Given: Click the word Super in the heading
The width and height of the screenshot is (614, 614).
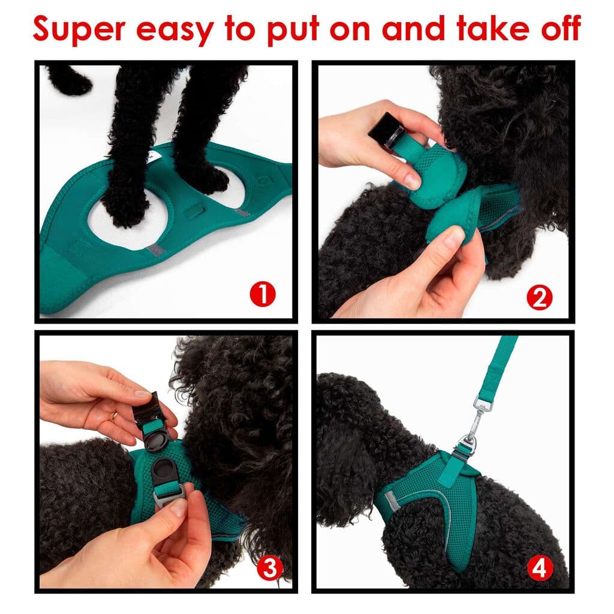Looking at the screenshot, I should pyautogui.click(x=78, y=28).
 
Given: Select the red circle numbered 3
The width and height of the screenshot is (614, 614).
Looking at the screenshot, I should pyautogui.click(x=270, y=567).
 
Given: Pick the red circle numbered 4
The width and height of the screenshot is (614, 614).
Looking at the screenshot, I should pyautogui.click(x=539, y=568).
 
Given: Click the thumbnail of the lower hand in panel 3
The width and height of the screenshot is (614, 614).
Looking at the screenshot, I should pyautogui.click(x=177, y=507).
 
